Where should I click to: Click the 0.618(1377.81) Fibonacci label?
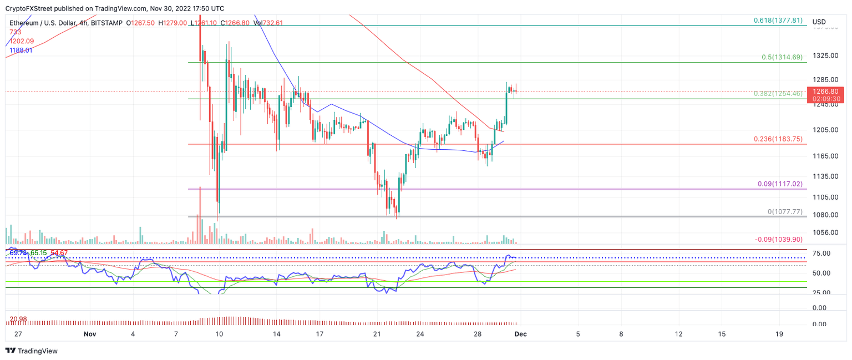[x=778, y=20]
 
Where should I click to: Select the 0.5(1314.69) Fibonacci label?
[x=781, y=57]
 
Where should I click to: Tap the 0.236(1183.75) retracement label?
[x=777, y=139]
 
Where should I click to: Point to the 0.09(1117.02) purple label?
[x=779, y=184]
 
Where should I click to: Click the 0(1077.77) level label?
[x=784, y=211]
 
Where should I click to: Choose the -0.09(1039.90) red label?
[x=779, y=239]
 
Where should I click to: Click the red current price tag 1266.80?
[x=828, y=91]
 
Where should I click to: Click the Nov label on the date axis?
[x=90, y=334]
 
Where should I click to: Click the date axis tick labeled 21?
[x=377, y=334]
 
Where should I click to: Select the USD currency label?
[x=819, y=22]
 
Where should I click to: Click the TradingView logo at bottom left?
[x=32, y=351]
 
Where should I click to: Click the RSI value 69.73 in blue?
[x=18, y=253]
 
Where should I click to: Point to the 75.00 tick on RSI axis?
[x=821, y=253]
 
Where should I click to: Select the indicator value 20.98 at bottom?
[x=18, y=318]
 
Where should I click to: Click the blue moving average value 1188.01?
[x=22, y=50]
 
